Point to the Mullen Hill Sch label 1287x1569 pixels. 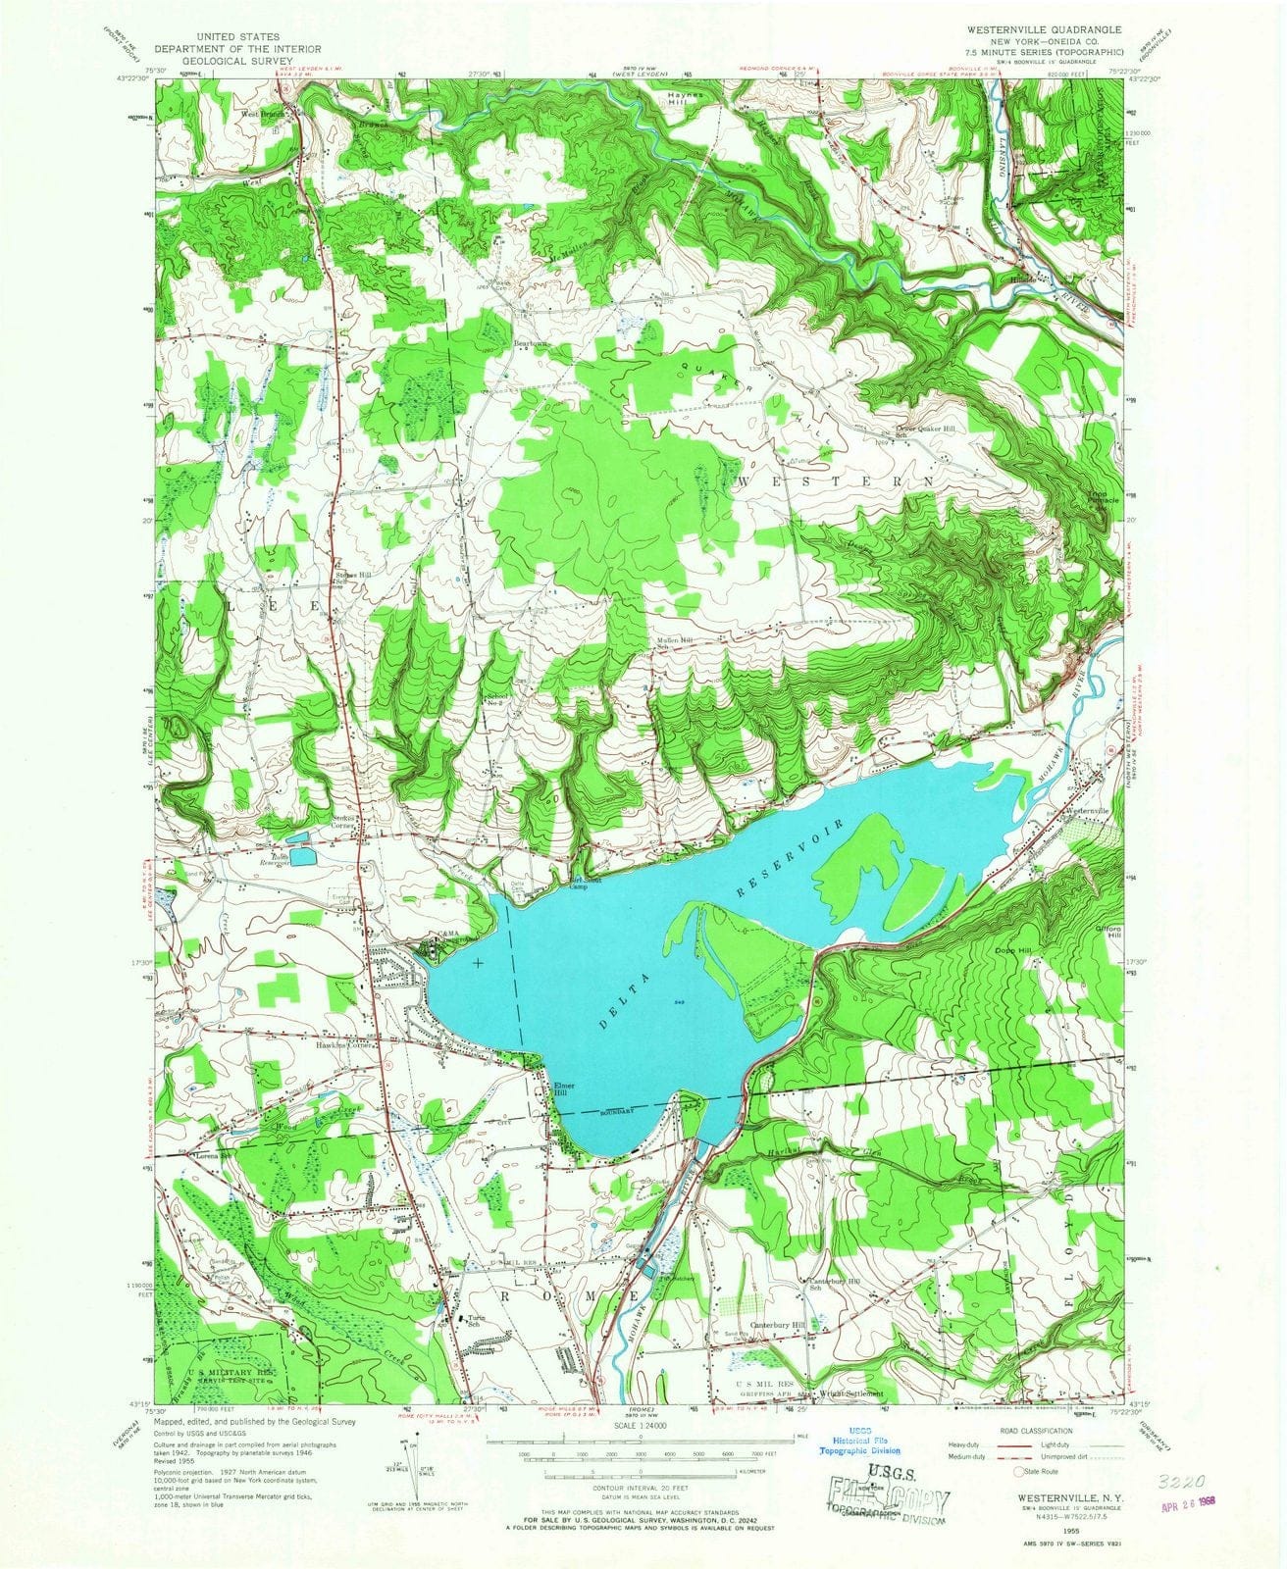676,643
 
